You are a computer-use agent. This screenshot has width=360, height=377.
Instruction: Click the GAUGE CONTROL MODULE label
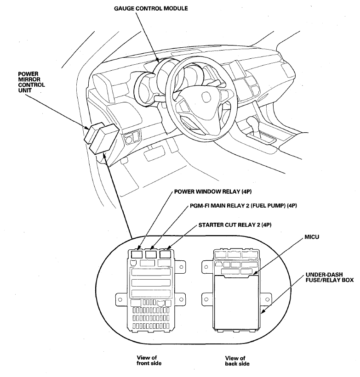[151, 8]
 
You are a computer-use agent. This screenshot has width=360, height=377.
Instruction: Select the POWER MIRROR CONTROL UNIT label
[31, 82]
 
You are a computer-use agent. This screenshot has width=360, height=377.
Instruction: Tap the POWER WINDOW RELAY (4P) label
[213, 191]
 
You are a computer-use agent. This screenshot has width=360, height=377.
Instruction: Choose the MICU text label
[312, 237]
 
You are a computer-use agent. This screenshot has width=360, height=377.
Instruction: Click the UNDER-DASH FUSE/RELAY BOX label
[330, 277]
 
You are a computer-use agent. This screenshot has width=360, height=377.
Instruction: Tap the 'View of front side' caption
[149, 360]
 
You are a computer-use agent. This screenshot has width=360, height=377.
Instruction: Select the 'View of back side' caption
[237, 360]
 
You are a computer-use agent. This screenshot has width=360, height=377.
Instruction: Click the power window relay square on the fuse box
[137, 254]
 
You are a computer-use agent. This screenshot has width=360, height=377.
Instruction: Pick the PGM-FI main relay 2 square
[151, 254]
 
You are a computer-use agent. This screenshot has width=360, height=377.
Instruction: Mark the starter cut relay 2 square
[165, 254]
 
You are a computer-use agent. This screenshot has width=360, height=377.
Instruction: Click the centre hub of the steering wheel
[206, 98]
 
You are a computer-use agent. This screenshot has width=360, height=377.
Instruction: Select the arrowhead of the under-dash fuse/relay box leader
[263, 312]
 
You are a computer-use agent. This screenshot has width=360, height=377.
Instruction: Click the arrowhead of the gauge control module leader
[157, 60]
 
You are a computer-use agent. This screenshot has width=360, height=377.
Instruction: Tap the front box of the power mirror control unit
[104, 139]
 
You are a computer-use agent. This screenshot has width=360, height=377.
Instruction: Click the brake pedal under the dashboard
[154, 153]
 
